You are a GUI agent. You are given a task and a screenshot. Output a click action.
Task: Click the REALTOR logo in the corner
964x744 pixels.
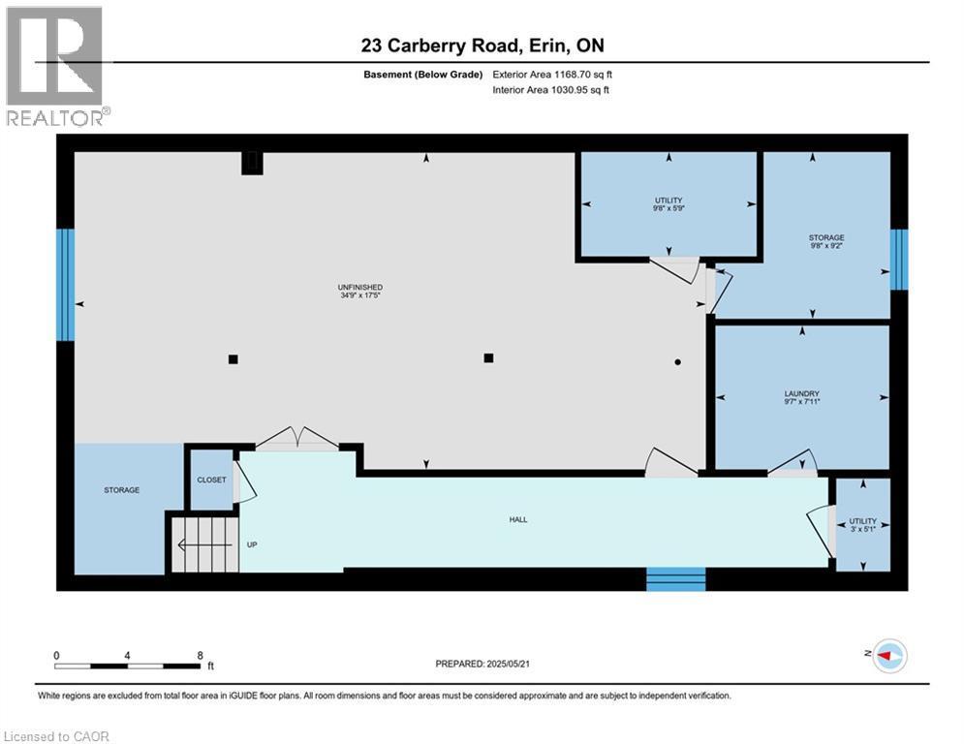coord(56,66)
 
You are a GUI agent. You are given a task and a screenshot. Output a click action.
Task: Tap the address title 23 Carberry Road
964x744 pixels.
coord(482,46)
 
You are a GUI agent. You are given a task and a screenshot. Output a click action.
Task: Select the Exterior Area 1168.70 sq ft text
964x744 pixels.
coord(552,74)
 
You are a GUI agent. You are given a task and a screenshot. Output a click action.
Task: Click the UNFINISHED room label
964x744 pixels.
coord(359,288)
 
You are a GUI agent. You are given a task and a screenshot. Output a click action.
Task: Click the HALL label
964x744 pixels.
coord(518,520)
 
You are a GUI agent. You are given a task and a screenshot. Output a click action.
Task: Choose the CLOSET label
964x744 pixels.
coord(211,480)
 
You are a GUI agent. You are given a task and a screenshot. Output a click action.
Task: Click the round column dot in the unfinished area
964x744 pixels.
coord(678,361)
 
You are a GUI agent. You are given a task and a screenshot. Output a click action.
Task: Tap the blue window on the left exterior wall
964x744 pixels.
coord(65,285)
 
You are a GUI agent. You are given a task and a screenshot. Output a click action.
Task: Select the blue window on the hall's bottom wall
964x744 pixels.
coord(676,579)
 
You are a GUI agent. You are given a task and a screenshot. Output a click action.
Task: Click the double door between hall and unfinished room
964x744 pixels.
coord(295,439)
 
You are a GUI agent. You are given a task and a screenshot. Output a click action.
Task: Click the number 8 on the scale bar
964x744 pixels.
coord(200,656)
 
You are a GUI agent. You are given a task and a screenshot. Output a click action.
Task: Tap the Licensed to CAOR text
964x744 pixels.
coord(57,736)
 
